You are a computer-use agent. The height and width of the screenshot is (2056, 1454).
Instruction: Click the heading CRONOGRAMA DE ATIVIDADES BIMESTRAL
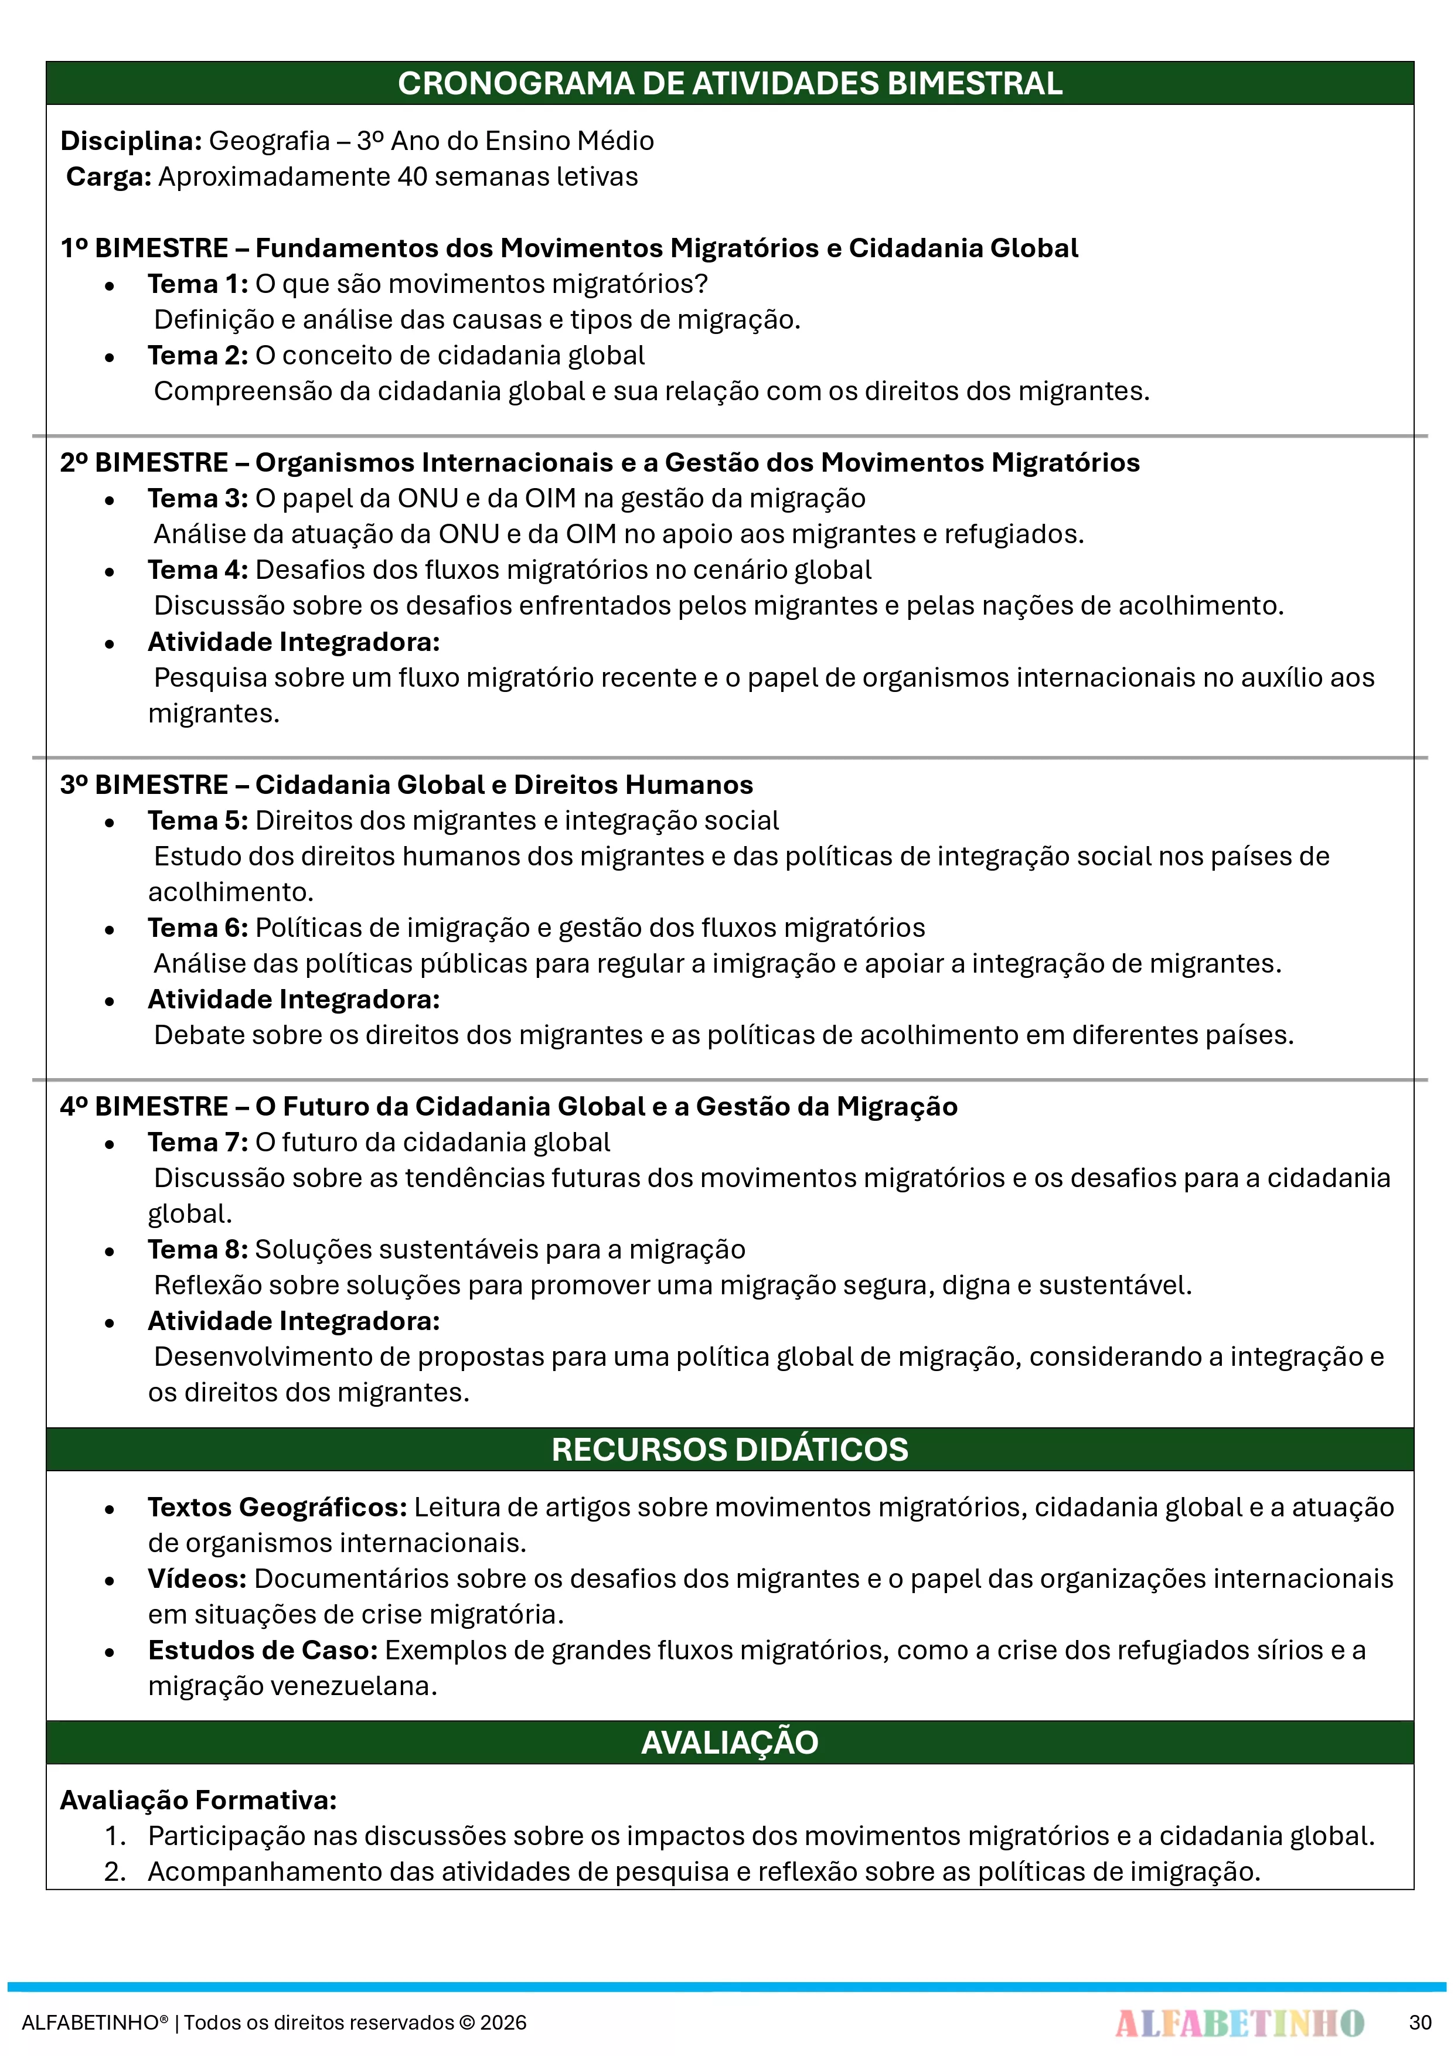pos(729,83)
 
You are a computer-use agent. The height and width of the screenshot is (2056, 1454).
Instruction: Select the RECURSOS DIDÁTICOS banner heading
pos(729,1449)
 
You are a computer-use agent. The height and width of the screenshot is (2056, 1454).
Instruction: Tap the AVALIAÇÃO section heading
pos(729,1742)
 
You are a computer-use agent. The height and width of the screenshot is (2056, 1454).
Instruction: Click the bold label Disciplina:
pos(131,141)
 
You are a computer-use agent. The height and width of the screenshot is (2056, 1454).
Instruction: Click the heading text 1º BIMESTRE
pos(144,248)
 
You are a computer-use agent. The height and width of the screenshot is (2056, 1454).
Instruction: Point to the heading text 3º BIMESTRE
pos(144,785)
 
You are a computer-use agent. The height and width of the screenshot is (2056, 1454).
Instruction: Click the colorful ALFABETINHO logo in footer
pos(1239,2022)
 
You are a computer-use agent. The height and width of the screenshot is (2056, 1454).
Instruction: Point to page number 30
pos(1420,2022)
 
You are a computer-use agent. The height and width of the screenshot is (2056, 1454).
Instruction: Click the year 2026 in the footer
pos(503,2022)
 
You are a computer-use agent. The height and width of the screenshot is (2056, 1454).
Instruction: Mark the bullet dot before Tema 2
pos(109,357)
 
